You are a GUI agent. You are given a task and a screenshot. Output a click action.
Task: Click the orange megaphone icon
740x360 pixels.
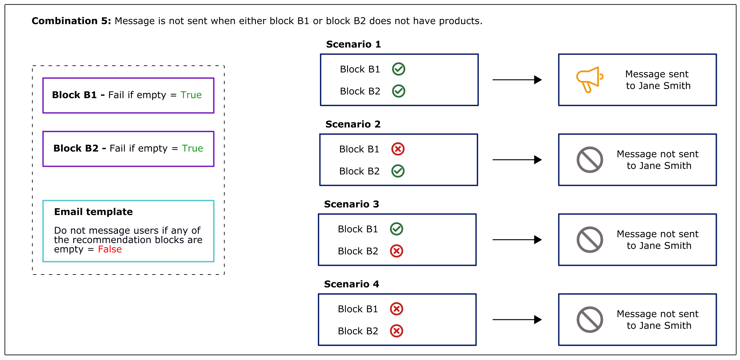589,80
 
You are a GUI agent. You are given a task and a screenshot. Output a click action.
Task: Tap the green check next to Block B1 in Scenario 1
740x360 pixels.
398,69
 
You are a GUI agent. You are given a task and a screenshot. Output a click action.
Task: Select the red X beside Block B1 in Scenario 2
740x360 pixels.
398,149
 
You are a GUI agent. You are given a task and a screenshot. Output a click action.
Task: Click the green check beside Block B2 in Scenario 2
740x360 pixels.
398,171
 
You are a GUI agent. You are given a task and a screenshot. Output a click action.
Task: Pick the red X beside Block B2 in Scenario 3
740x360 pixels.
397,251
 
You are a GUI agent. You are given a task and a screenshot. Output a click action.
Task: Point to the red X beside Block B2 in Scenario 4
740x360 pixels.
397,331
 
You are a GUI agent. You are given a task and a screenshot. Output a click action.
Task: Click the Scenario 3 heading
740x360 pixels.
351,204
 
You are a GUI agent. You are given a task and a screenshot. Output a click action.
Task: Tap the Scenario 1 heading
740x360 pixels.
353,44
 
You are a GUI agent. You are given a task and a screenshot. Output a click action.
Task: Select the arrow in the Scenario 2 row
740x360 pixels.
517,160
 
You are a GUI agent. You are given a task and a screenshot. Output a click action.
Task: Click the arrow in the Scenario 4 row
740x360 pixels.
517,320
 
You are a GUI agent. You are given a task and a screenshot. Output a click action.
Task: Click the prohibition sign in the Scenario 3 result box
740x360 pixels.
590,240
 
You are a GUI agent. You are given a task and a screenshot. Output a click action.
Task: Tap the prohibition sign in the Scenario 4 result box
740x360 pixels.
590,320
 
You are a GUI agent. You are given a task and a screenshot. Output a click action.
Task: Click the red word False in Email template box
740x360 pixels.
110,249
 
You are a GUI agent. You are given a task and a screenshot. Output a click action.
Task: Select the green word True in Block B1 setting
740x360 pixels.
191,95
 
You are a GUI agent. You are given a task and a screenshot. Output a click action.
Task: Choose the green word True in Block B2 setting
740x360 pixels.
192,148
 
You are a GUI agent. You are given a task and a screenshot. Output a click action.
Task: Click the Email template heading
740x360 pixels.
93,212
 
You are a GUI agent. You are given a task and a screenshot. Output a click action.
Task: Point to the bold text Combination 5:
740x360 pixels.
71,21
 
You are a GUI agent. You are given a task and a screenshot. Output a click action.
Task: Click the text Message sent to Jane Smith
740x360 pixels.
658,80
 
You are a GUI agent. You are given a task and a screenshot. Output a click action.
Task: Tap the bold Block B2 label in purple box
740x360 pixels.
76,148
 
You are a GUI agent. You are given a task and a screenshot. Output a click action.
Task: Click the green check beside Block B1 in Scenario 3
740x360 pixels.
397,229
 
